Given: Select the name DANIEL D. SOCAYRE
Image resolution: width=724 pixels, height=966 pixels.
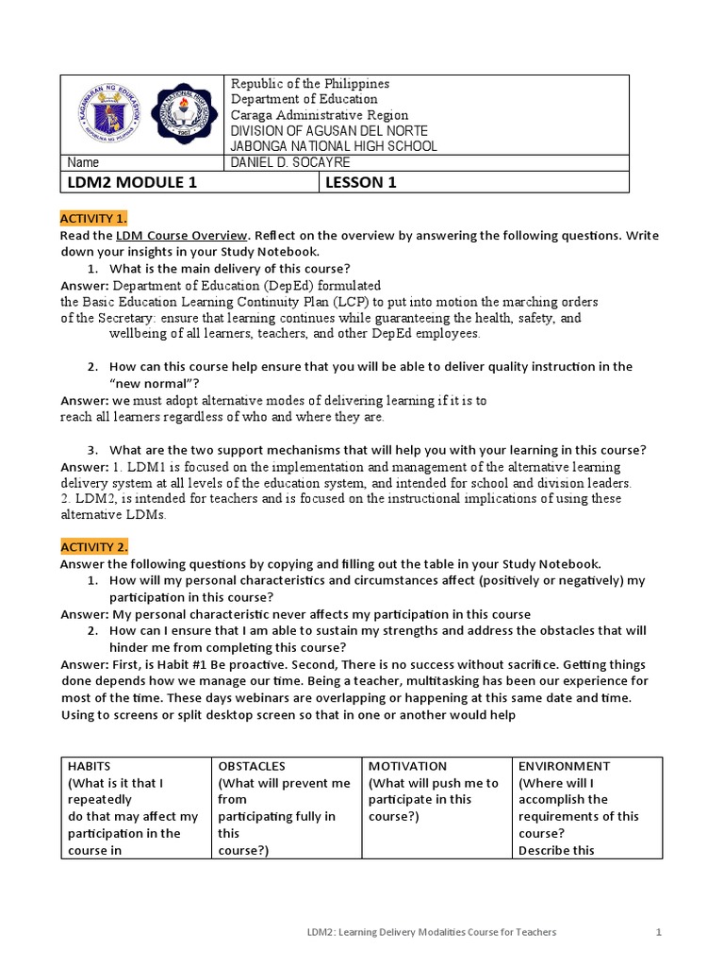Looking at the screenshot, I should pos(290,162).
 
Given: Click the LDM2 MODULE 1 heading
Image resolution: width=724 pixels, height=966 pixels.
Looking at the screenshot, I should pos(133,183).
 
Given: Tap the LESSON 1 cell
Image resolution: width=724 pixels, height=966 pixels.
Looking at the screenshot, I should pos(361,183).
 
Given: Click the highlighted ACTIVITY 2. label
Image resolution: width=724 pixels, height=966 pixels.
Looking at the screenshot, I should pos(94,547).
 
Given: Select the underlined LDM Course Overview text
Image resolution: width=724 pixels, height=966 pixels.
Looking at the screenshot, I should pos(182,235).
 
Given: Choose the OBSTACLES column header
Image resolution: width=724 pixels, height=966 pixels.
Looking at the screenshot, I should pos(252,766).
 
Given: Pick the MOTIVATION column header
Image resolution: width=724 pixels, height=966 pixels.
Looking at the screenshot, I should pos(407,766).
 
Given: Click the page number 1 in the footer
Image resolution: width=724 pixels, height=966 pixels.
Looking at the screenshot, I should pos(659,932).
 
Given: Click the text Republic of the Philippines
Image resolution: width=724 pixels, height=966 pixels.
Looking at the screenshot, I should pos(310,84).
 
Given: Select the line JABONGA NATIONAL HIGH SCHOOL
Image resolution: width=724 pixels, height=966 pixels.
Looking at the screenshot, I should pos(335,146).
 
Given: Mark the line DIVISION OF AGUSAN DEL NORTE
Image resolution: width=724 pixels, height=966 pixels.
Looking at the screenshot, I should pos(330,130).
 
